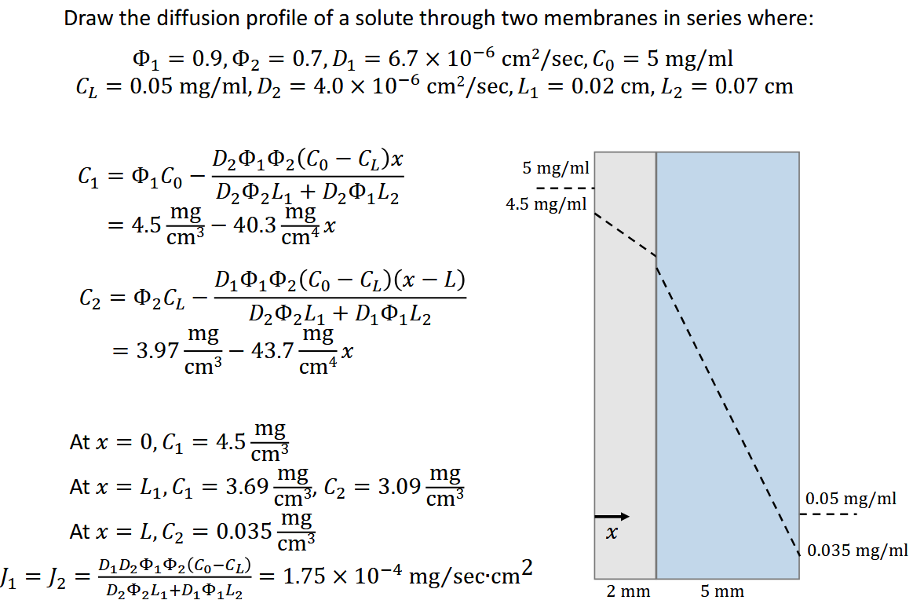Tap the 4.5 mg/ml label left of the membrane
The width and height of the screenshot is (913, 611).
tap(546, 205)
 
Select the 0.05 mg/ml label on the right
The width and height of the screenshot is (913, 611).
tap(851, 498)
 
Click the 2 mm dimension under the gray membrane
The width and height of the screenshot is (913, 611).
tap(628, 591)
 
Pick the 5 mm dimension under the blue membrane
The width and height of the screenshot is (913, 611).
tap(722, 591)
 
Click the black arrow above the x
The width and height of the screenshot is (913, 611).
tap(612, 516)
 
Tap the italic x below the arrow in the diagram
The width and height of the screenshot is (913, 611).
tap(612, 535)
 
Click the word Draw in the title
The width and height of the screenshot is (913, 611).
tap(88, 19)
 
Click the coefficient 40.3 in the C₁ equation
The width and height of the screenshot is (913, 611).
tap(256, 225)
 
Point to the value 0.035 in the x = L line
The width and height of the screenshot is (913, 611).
tap(242, 531)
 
